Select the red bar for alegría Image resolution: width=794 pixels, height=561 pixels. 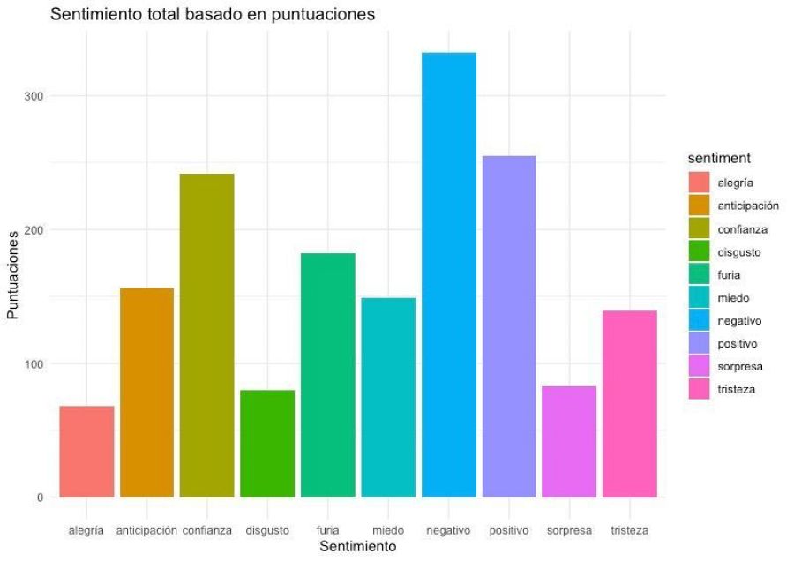(x=86, y=452)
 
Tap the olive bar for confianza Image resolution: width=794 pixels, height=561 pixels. (x=207, y=335)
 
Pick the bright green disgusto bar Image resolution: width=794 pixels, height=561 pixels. (x=267, y=444)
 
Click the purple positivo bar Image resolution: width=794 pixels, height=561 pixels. (x=509, y=326)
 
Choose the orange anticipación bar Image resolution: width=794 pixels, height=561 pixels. (x=146, y=393)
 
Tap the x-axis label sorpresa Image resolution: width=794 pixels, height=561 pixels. (x=569, y=530)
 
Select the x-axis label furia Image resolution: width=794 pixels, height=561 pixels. (x=327, y=530)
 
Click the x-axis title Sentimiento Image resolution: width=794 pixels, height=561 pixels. (x=358, y=547)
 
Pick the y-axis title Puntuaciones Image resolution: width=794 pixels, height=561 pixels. (x=13, y=275)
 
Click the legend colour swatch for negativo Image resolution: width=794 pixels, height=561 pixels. (x=700, y=321)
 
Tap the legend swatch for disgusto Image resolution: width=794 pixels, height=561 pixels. (x=700, y=252)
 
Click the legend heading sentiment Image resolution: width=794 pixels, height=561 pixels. (x=720, y=158)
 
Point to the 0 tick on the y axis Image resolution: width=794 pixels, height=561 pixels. (x=41, y=497)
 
